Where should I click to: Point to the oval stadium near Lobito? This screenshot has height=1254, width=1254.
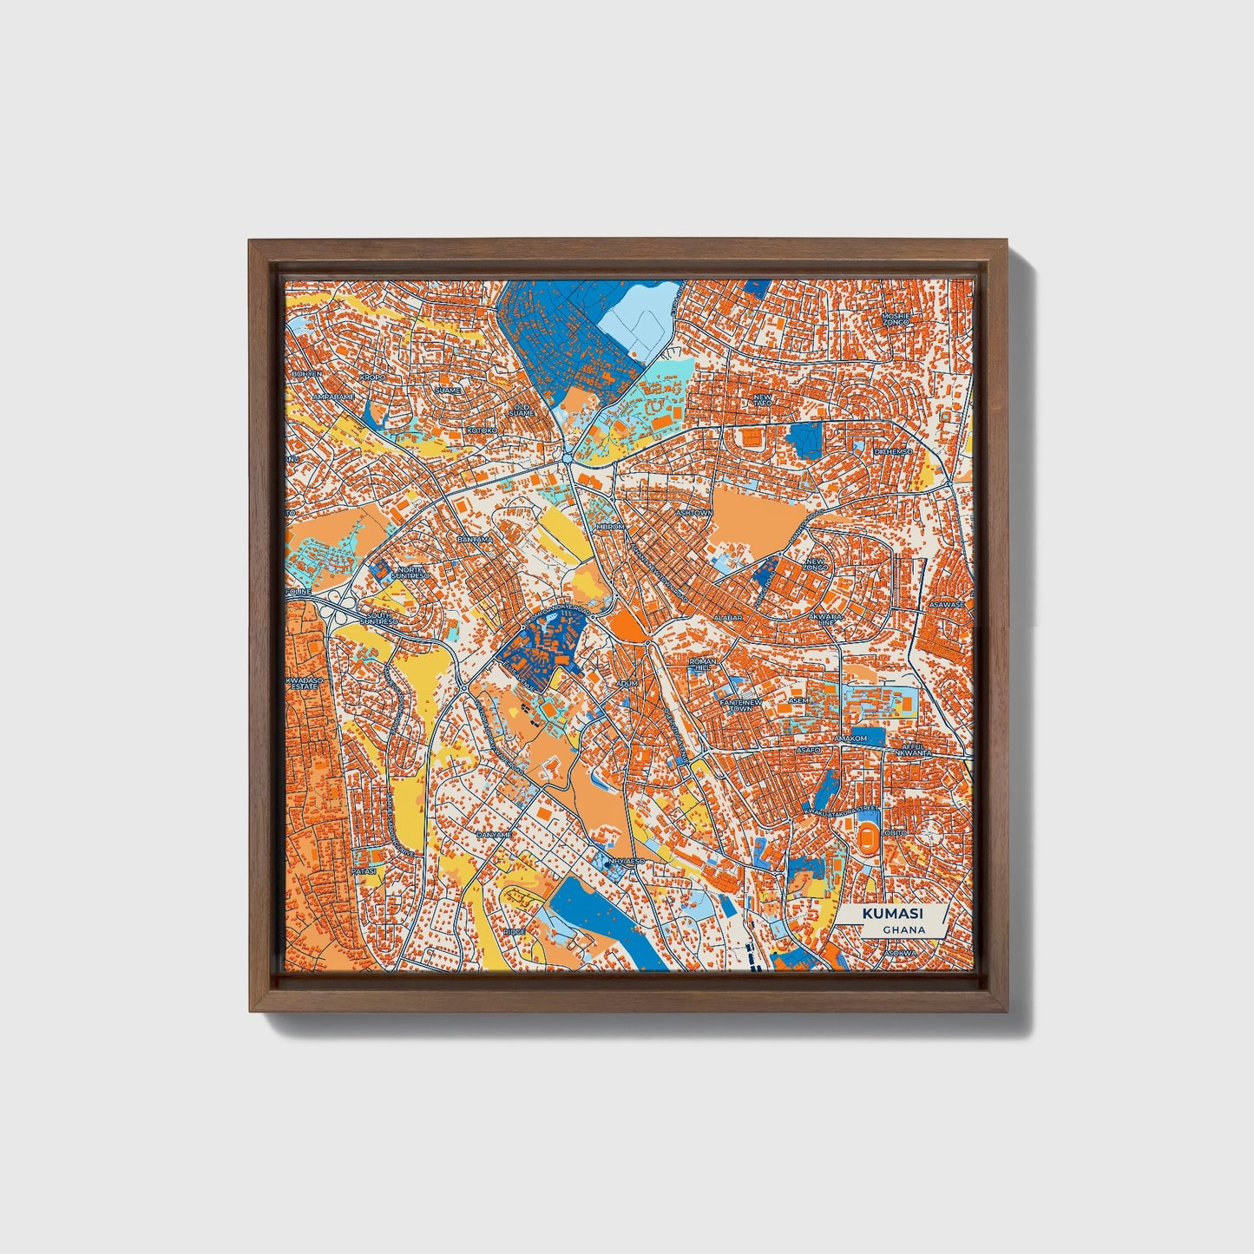(868, 838)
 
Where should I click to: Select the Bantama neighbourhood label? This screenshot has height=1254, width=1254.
(475, 539)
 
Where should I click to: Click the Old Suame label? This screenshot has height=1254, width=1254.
(522, 409)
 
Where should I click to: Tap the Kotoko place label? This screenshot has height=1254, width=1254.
(482, 430)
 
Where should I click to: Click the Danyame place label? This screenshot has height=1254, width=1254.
(494, 835)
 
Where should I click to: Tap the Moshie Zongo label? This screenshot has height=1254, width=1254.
(896, 318)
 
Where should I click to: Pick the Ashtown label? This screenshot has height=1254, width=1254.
(694, 513)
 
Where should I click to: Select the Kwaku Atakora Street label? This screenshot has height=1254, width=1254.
(842, 811)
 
